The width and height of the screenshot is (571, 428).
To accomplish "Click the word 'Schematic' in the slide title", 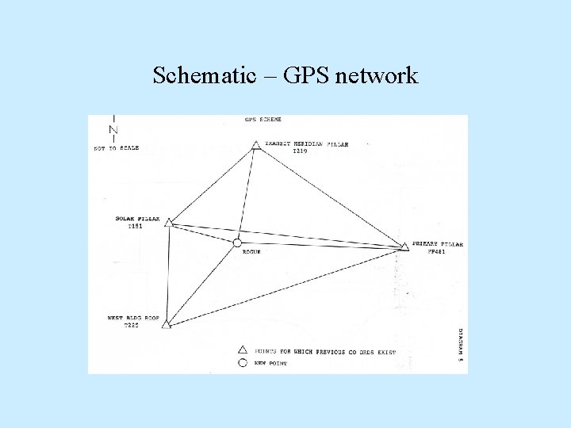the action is (x=202, y=76).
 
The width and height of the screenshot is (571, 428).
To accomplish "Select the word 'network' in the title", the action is (x=377, y=76).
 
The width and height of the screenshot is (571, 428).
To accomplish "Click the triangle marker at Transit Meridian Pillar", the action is (x=255, y=144).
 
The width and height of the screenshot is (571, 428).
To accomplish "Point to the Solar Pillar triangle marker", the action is (x=168, y=223).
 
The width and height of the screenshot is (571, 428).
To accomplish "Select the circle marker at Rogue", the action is (x=236, y=243).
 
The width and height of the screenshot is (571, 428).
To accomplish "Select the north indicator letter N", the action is (x=113, y=130).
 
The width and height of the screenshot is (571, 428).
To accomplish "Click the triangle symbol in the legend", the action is (x=243, y=349).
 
